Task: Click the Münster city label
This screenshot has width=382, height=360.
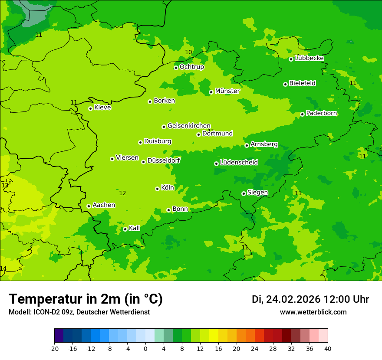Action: (x=227, y=91)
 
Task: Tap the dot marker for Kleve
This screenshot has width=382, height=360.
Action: (x=90, y=108)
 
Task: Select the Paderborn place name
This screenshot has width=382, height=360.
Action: (x=321, y=113)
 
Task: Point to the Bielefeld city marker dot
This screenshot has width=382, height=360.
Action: (x=285, y=84)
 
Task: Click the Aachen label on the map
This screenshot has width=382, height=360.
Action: (x=104, y=205)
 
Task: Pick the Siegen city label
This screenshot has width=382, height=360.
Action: (x=257, y=193)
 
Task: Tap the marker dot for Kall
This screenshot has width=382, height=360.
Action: (x=125, y=229)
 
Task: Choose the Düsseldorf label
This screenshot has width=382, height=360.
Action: (x=164, y=160)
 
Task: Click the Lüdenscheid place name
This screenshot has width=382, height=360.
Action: (x=239, y=163)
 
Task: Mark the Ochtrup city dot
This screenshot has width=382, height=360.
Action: (x=176, y=68)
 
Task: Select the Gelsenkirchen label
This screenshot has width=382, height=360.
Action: (x=189, y=126)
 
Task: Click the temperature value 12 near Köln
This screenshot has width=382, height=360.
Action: (x=122, y=193)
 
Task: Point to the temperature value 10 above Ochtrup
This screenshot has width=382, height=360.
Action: (x=188, y=52)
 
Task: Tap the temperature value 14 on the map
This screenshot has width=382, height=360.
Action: (x=3, y=269)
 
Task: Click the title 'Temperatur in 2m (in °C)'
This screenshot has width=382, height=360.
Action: (x=86, y=299)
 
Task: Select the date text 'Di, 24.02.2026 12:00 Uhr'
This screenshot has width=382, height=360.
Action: (x=310, y=299)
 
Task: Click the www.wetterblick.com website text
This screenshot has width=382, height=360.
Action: (x=313, y=312)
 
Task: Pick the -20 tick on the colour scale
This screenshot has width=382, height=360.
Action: (x=54, y=348)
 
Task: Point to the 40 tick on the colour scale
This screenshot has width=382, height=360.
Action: (x=327, y=348)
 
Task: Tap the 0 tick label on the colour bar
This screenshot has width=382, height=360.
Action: (x=145, y=348)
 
